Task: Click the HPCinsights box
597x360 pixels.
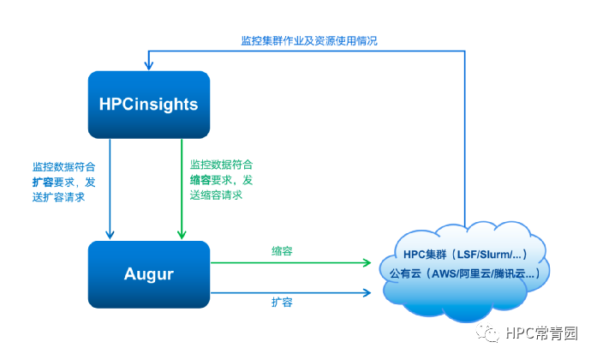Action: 148,105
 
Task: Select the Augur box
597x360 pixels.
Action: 148,274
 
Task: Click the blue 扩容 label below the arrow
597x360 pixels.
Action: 284,303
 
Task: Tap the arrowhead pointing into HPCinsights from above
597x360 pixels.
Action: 148,65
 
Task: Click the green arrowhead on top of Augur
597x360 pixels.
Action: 182,234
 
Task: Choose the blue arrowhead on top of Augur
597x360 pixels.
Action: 109,234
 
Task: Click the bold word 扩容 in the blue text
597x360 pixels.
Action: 43,182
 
